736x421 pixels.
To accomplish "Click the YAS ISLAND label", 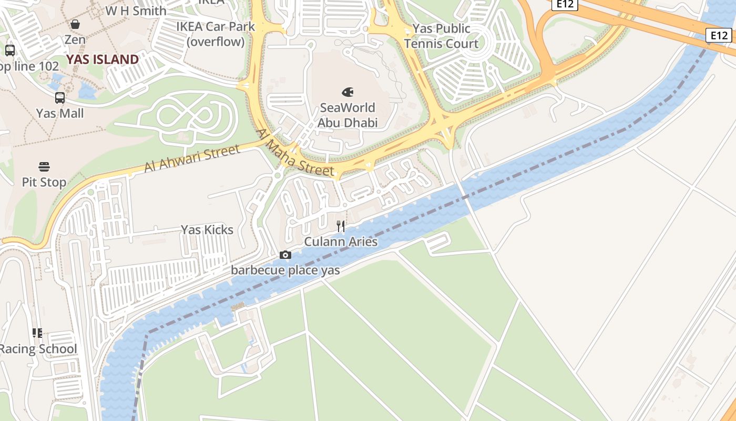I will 103,59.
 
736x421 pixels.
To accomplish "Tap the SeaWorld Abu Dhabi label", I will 347,115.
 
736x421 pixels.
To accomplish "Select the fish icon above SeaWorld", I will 347,92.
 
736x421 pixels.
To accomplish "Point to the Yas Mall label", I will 60,113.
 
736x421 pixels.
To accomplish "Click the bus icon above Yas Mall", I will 60,98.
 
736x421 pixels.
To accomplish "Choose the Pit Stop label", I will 44,182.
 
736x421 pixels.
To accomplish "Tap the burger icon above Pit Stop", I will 44,167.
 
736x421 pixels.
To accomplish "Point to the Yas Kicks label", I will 207,229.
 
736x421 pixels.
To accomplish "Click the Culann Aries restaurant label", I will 341,242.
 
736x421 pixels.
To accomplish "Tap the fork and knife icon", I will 341,226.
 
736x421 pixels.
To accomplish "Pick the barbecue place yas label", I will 285,270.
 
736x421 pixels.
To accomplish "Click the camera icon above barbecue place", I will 285,255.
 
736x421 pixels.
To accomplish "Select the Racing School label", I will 38,349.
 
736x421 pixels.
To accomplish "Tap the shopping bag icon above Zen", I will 75,24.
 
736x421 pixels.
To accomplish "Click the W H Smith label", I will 136,11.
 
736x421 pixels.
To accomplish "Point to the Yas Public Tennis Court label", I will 441,36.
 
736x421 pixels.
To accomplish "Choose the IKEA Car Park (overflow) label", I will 216,34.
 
